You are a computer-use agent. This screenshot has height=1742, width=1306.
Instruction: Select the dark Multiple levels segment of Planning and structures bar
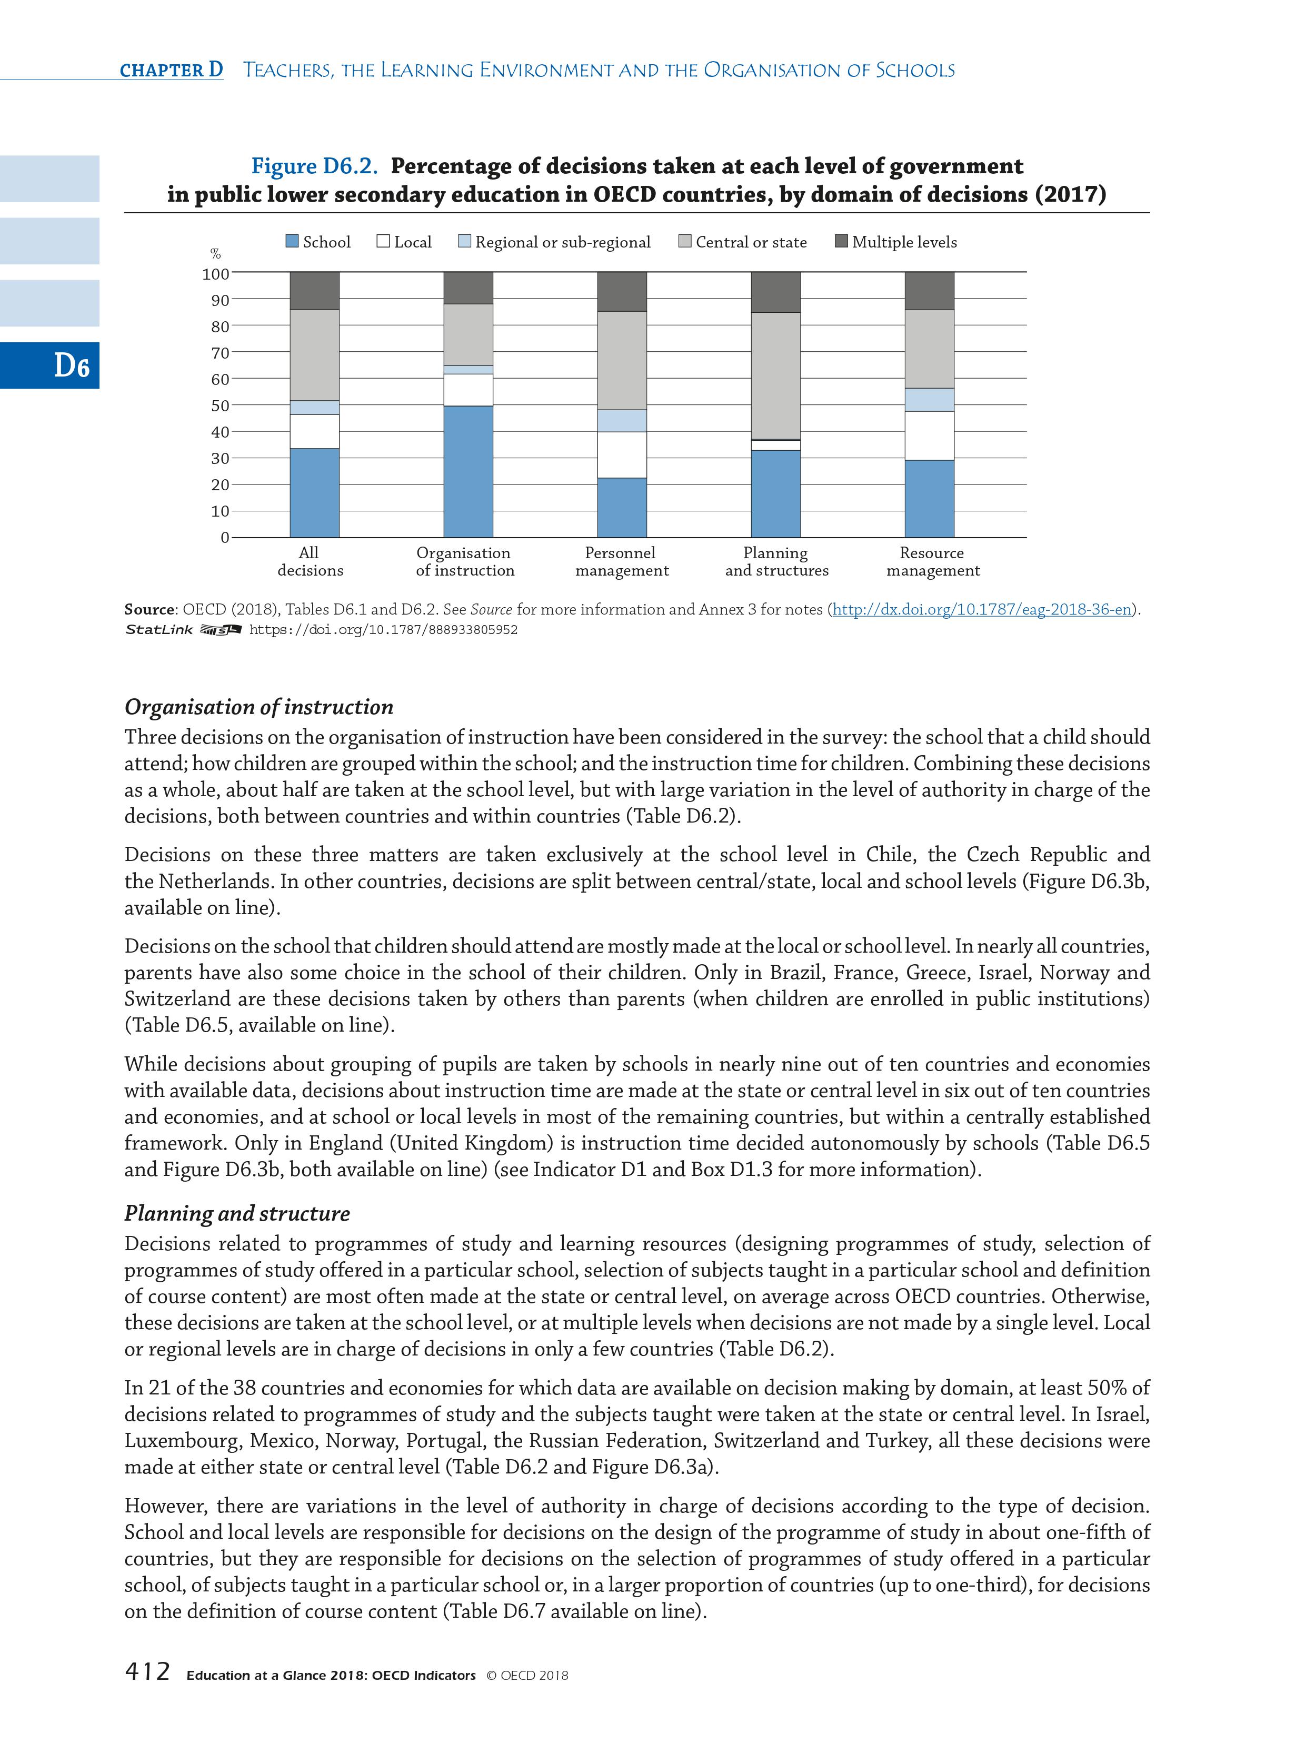tap(775, 292)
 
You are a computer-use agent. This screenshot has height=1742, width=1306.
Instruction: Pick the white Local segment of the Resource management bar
tap(929, 435)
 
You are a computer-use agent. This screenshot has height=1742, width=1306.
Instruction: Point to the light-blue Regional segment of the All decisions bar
tap(314, 407)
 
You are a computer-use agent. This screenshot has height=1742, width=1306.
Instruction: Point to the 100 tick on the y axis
tap(216, 274)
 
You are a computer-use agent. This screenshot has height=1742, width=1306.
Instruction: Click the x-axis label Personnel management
tap(621, 561)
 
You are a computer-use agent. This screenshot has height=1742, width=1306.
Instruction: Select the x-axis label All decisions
tap(310, 561)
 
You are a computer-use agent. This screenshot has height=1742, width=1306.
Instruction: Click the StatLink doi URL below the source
tap(383, 630)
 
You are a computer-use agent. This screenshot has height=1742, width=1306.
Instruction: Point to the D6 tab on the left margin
tap(71, 365)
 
